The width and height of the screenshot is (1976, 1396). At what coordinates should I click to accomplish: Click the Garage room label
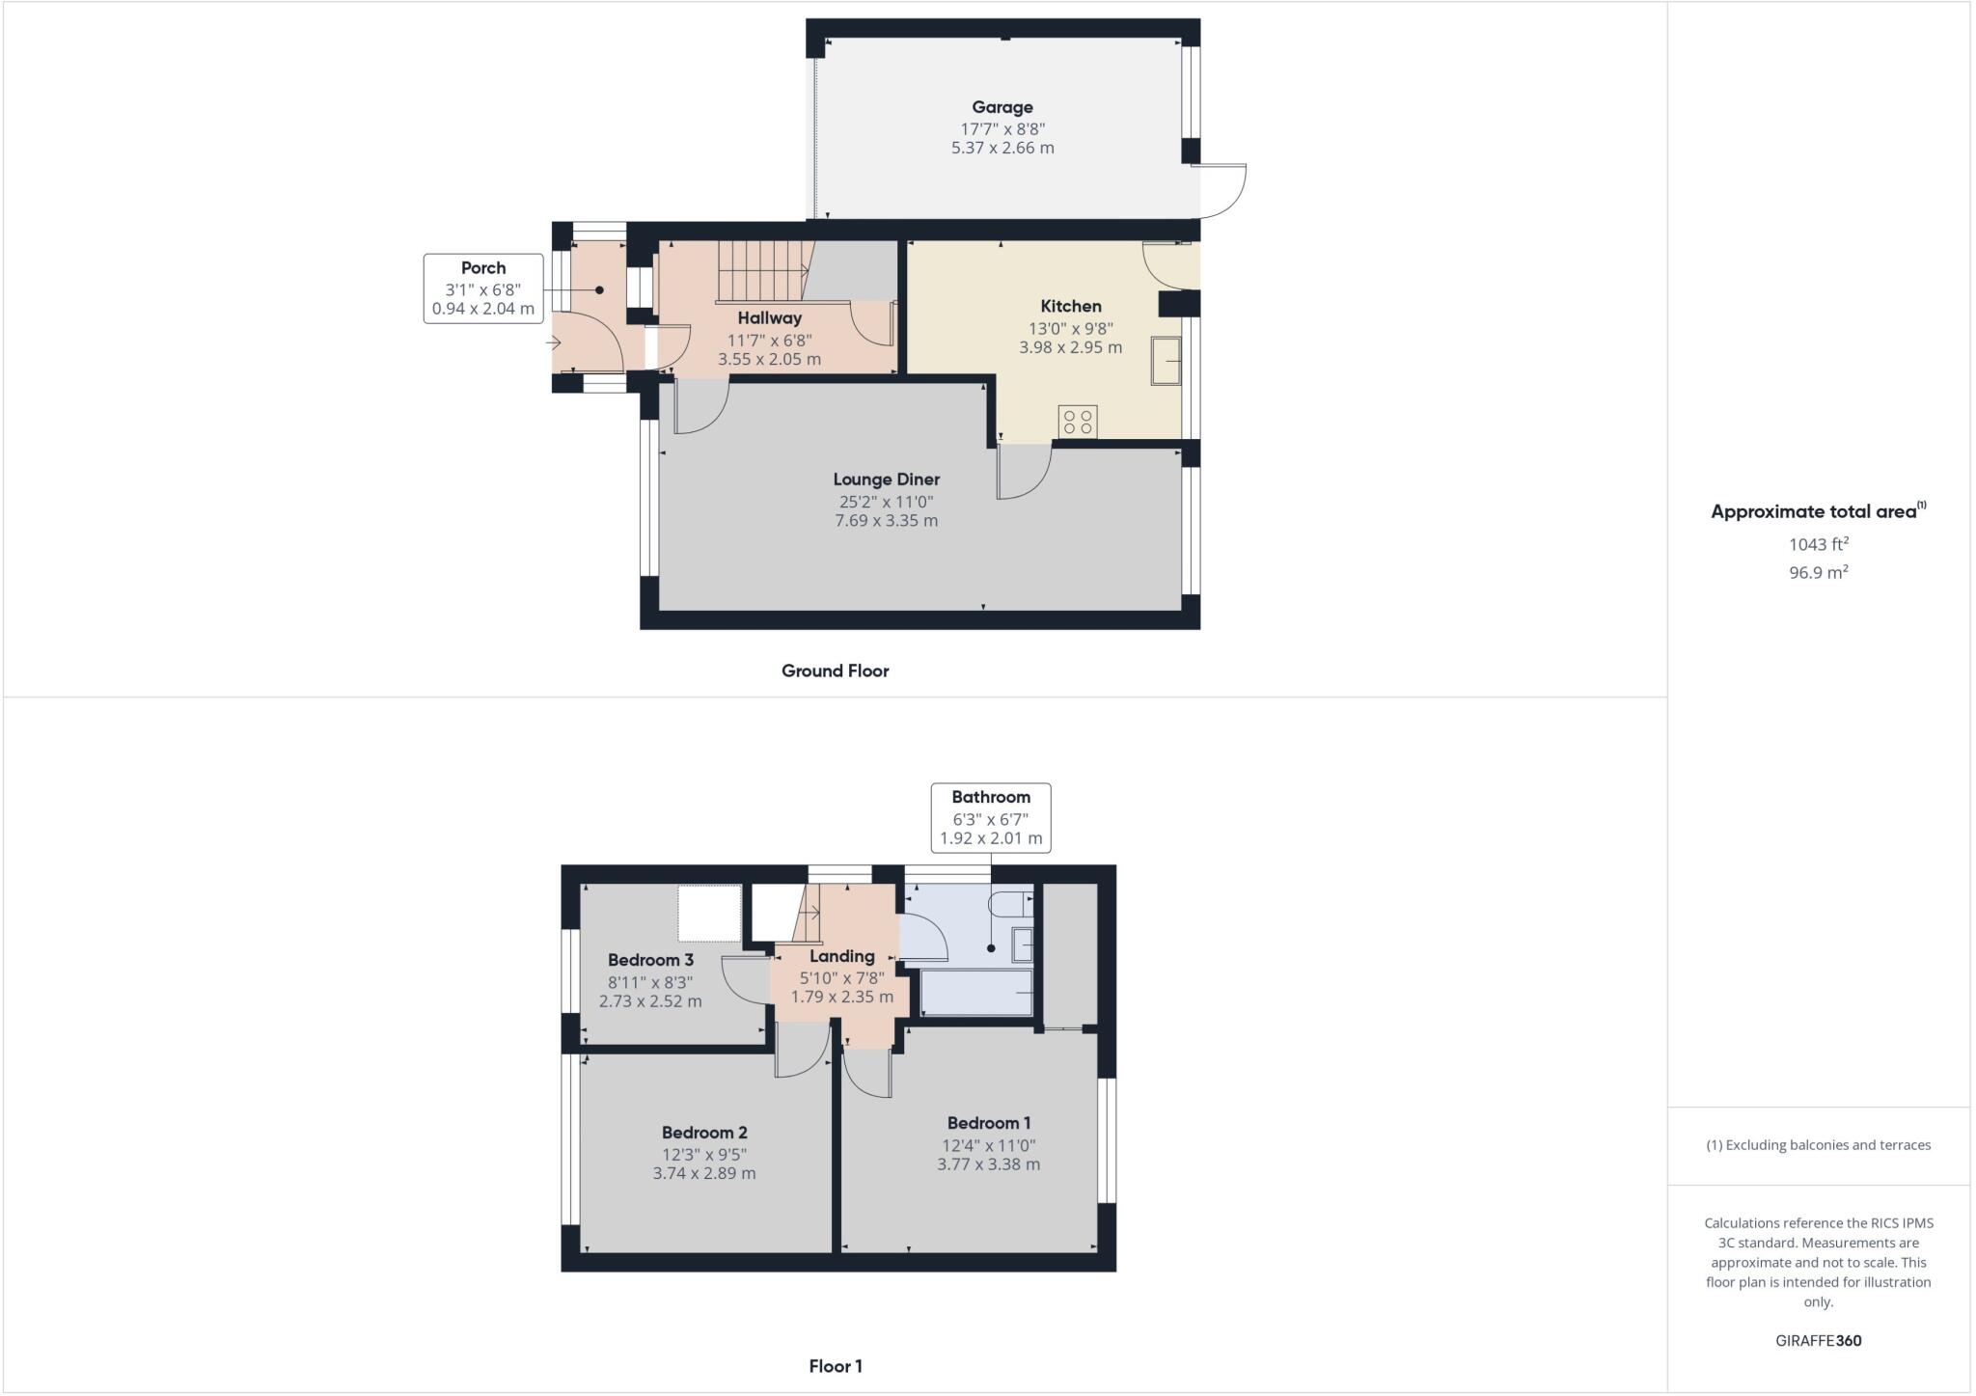pos(1002,107)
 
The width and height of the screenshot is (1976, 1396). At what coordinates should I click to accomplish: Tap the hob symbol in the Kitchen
pos(1078,422)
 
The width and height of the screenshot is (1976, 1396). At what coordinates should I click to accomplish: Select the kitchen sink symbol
pos(1166,362)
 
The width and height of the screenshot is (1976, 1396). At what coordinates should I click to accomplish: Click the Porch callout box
pos(482,288)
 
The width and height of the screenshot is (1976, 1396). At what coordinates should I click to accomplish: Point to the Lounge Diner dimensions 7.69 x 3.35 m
pos(886,521)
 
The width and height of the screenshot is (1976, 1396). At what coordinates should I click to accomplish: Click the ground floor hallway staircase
pos(762,271)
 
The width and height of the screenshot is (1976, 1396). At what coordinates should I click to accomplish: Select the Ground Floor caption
pos(835,671)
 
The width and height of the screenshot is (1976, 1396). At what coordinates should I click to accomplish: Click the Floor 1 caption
pos(835,1366)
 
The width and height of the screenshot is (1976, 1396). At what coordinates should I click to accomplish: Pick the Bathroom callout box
pos(990,817)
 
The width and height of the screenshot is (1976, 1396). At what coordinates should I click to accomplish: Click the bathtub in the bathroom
pos(977,993)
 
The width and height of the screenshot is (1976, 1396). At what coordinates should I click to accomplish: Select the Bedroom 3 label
pos(650,960)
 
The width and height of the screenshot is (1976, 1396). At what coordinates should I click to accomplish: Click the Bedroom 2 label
pos(704,1133)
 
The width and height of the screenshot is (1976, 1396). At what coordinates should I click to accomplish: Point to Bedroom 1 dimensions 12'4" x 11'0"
pos(988,1145)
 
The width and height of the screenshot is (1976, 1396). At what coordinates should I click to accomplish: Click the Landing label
pos(841,956)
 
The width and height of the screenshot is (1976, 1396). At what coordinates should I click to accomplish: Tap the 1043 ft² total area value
pos(1818,544)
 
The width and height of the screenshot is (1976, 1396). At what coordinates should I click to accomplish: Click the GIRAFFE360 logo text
pos(1818,1340)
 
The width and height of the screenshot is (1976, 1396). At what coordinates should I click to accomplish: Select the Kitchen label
pos(1070,306)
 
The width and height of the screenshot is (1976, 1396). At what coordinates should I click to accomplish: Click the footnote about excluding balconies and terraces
pos(1818,1145)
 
